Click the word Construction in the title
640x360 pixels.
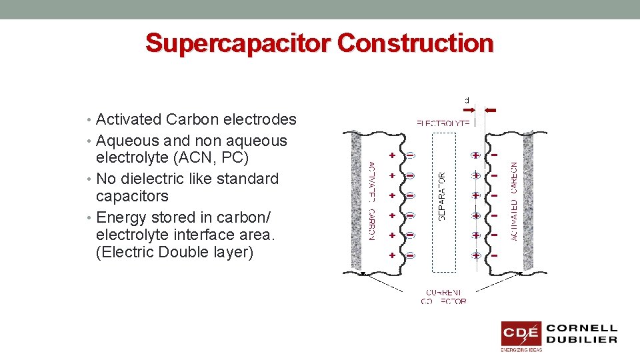[415, 43]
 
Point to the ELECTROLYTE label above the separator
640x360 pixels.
[443, 123]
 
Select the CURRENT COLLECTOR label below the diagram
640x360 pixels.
[444, 297]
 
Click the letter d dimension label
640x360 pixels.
[467, 101]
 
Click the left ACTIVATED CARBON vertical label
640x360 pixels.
[371, 201]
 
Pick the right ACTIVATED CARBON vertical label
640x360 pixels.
[514, 201]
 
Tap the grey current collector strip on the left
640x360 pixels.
[355, 200]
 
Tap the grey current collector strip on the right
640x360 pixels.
[529, 200]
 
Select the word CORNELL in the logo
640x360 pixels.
[582, 329]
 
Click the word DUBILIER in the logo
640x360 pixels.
[582, 339]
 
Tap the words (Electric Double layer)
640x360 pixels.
[175, 253]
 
